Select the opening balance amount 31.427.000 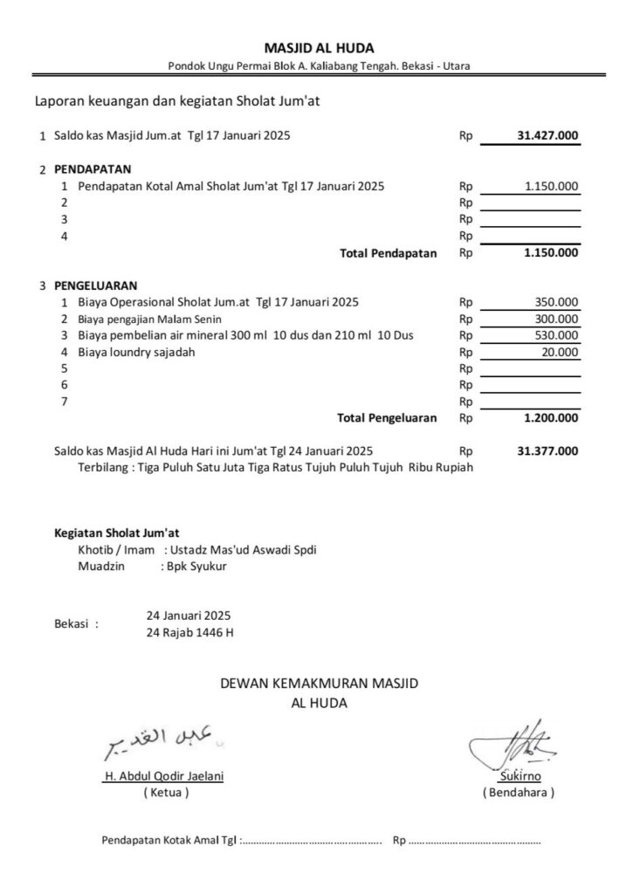pyautogui.click(x=547, y=136)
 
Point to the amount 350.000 pyautogui.click(x=555, y=302)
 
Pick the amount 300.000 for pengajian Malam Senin pyautogui.click(x=555, y=319)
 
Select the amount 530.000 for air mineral pyautogui.click(x=555, y=335)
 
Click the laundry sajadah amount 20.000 pyautogui.click(x=559, y=352)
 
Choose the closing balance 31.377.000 pyautogui.click(x=547, y=451)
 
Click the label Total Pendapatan pyautogui.click(x=388, y=253)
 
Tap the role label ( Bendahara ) pyautogui.click(x=518, y=793)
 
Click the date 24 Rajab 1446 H pyautogui.click(x=190, y=632)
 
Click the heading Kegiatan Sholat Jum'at pyautogui.click(x=118, y=532)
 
